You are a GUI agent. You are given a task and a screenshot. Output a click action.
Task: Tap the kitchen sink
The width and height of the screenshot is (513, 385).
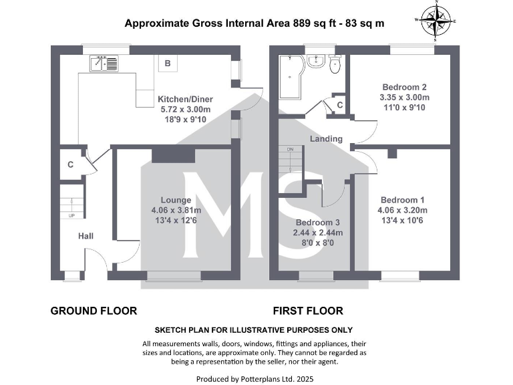pyautogui.click(x=104, y=64)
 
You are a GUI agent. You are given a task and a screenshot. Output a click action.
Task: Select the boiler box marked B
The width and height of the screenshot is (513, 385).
pyautogui.click(x=168, y=63)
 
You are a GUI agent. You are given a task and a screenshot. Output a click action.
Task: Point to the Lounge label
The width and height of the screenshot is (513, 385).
pyautogui.click(x=176, y=199)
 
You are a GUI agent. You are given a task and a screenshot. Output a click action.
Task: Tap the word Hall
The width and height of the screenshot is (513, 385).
pyautogui.click(x=86, y=236)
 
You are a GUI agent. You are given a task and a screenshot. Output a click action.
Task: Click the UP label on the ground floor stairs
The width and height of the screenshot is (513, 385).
pyautogui.click(x=71, y=216)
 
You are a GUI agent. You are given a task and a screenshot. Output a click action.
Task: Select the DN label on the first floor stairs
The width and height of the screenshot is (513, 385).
pyautogui.click(x=291, y=149)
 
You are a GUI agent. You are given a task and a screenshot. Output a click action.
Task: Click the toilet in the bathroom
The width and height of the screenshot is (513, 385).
pyautogui.click(x=334, y=63)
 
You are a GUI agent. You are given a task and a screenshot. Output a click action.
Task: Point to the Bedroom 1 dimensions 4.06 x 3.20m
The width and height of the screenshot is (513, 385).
pyautogui.click(x=402, y=211)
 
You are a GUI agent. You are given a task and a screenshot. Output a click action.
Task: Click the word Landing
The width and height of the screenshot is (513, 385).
pyautogui.click(x=326, y=139)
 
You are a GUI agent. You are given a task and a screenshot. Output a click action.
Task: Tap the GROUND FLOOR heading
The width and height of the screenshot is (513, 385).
pyautogui.click(x=94, y=311)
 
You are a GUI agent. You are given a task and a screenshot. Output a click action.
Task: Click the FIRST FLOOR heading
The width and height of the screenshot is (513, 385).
pyautogui.click(x=308, y=311)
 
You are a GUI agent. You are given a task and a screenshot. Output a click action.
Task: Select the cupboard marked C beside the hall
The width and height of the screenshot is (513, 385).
pyautogui.click(x=70, y=164)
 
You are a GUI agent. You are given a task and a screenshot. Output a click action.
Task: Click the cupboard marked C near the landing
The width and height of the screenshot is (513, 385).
pyautogui.click(x=339, y=106)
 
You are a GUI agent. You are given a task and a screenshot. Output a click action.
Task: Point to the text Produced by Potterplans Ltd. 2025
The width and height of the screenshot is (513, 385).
pyautogui.click(x=254, y=378)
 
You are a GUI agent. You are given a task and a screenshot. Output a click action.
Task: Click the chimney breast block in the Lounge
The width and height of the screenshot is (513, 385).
pyautogui.click(x=173, y=156)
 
